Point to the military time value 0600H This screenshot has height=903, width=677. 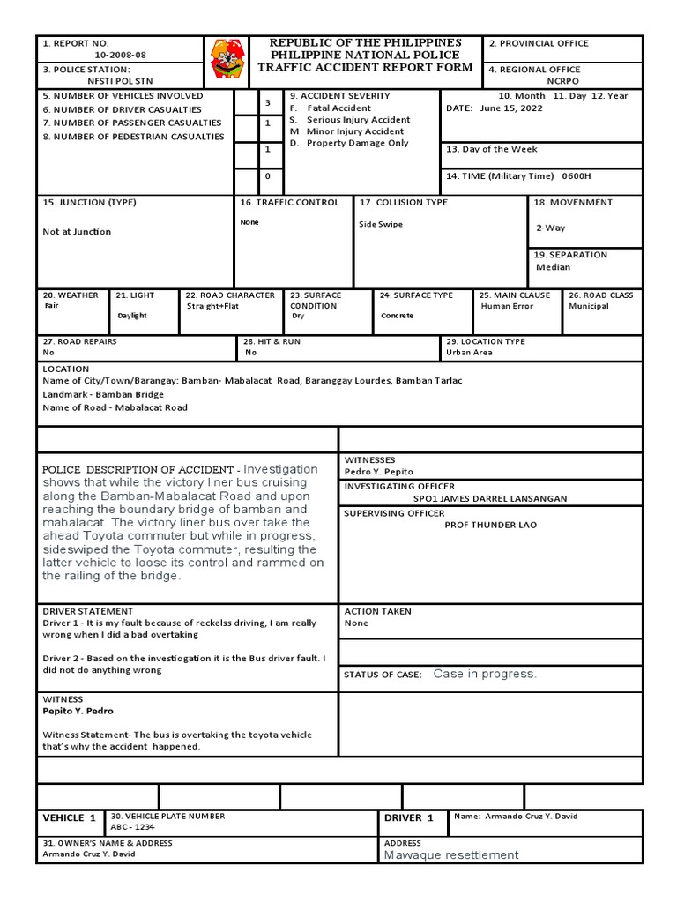tap(576, 176)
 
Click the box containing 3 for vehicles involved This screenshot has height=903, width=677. tap(268, 103)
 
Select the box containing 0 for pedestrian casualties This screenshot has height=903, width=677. tap(268, 176)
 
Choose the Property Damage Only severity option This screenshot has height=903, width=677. tap(357, 143)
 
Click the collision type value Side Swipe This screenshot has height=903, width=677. tap(381, 224)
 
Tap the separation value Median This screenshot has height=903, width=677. tap(553, 267)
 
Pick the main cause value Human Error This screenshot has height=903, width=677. tap(507, 306)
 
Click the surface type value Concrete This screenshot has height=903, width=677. tap(397, 316)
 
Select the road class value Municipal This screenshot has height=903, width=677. tap(588, 306)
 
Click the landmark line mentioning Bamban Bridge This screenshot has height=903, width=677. tap(103, 394)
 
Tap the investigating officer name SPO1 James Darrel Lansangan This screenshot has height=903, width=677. tap(490, 498)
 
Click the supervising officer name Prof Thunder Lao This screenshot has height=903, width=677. tap(490, 525)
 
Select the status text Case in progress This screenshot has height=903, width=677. tap(485, 674)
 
